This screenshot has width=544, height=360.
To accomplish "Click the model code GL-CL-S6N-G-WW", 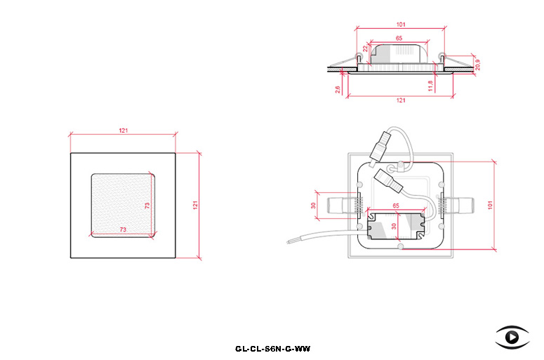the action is pos(272,349).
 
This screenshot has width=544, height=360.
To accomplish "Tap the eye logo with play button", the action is pos(512,337).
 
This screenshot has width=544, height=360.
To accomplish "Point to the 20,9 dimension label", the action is pos(478,65).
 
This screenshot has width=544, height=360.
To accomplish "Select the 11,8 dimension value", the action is pos(430,86).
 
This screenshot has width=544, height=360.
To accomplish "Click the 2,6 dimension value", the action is pos(338,90).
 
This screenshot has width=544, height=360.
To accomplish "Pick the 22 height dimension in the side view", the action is pos(365,48).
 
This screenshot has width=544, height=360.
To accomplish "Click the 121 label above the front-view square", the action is pos(123,131).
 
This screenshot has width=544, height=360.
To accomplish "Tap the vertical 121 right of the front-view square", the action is pos(195,205).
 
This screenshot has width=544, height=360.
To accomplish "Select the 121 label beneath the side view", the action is pos(401,100).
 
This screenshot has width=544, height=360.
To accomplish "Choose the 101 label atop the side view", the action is pos(401,25).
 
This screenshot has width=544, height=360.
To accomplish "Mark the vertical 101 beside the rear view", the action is pos(490,205).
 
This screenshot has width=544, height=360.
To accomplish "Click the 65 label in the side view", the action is pos(399,38).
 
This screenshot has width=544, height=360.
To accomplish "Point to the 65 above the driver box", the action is pos(396,206).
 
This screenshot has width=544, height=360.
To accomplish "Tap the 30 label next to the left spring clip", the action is pos(313,206).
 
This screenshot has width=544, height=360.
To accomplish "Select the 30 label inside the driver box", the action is pos(393,226).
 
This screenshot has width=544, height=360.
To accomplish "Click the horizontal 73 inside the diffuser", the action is pos(123,229).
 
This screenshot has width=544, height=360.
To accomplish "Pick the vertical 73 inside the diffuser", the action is pos(147,206).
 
